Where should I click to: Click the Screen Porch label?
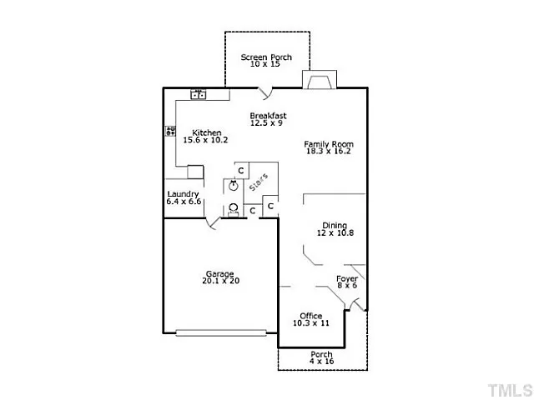(x=266, y=57)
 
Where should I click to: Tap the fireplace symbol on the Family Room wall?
(x=320, y=80)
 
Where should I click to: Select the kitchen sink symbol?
(x=198, y=94)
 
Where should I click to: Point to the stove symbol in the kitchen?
(x=170, y=131)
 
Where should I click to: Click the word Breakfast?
(x=268, y=116)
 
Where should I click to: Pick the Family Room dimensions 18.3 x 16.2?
(x=328, y=152)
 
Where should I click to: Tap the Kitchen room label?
(x=207, y=132)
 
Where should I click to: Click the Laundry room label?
(x=183, y=194)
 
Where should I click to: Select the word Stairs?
(x=259, y=182)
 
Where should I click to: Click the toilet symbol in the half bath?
(x=234, y=210)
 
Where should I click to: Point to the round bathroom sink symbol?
(x=234, y=186)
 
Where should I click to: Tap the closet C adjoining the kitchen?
(x=241, y=170)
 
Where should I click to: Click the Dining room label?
(x=335, y=225)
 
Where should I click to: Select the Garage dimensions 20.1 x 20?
(x=220, y=281)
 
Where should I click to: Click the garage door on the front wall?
(x=221, y=332)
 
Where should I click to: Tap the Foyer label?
(x=347, y=279)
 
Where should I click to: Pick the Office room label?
(x=311, y=316)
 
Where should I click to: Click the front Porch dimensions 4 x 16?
(x=321, y=361)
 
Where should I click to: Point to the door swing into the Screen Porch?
(x=265, y=93)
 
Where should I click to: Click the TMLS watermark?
(x=510, y=390)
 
